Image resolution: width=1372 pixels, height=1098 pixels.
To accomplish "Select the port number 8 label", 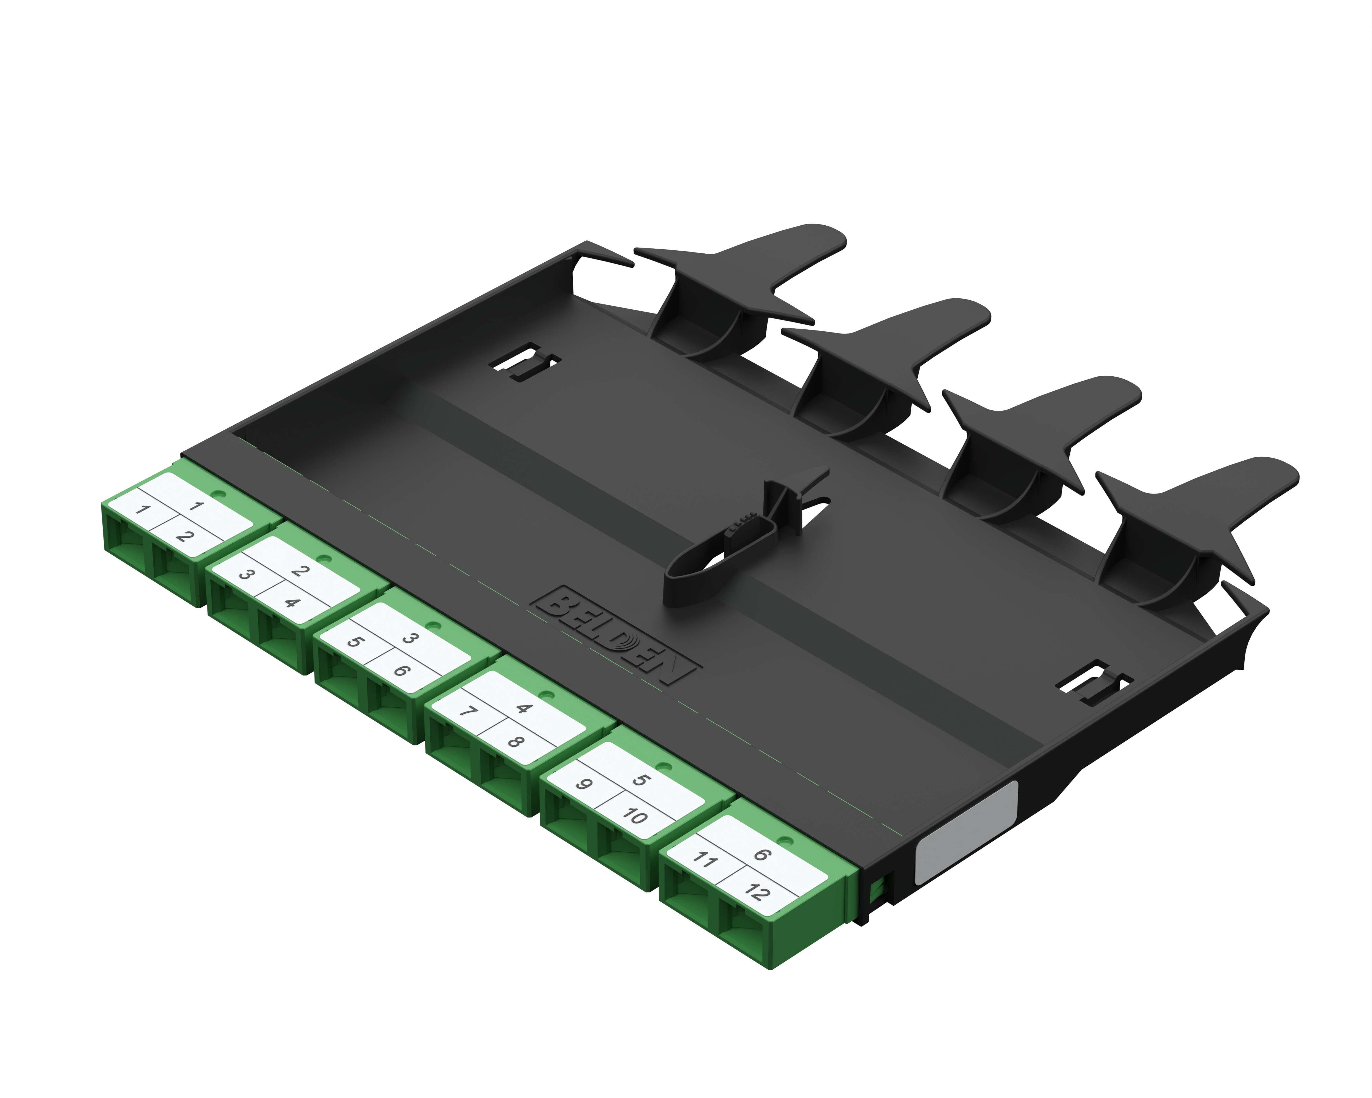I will tap(515, 741).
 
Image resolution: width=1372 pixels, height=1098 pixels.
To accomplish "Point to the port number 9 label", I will tap(584, 783).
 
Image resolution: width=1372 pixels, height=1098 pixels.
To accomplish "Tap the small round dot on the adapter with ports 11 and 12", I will tap(785, 841).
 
